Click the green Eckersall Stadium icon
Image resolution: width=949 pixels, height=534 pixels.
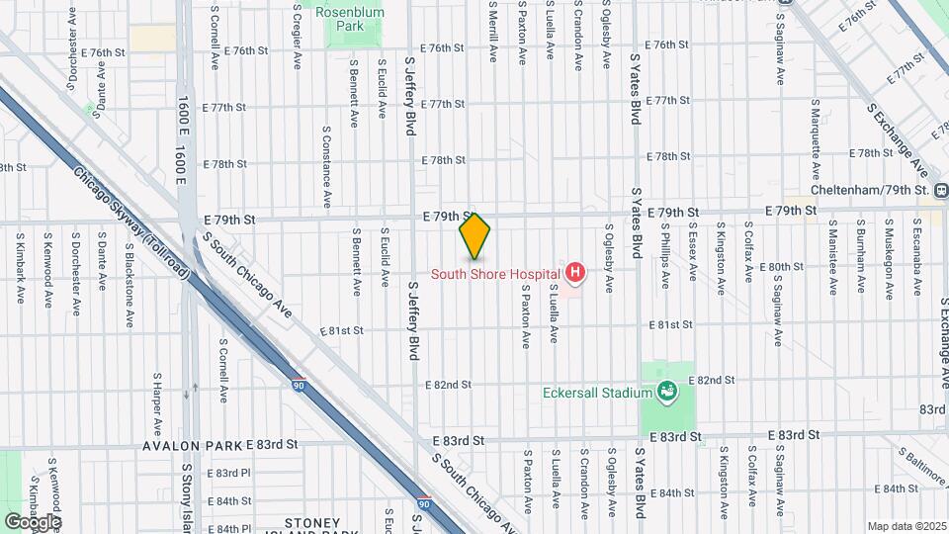(667, 392)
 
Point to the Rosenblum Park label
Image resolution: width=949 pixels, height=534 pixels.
(352, 19)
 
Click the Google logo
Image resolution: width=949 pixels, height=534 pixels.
(33, 521)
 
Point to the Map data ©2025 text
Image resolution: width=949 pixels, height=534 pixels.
(906, 525)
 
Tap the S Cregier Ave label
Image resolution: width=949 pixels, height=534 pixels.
(298, 36)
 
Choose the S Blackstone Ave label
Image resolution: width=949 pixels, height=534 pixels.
(129, 261)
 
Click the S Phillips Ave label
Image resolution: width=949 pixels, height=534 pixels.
(665, 260)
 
